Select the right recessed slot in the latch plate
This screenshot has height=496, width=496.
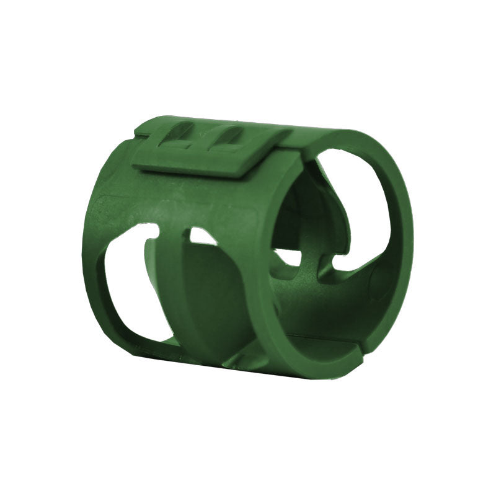pyautogui.click(x=226, y=138)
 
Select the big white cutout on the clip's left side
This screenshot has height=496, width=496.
pyautogui.click(x=130, y=285)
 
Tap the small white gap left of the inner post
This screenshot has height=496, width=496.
pyautogui.click(x=286, y=256)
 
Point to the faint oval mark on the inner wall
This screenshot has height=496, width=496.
pyautogui.click(x=377, y=282)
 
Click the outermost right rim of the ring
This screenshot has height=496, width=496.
pyautogui.click(x=406, y=248)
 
